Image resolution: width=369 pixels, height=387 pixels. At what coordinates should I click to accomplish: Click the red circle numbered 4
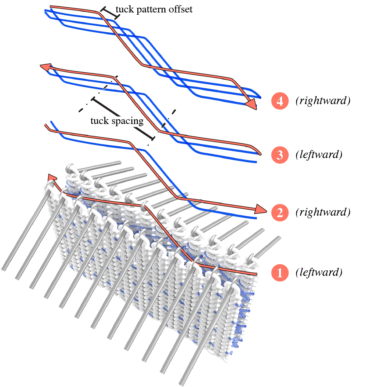point(280,101)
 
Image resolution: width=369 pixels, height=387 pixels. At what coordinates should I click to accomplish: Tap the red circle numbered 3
point(280,155)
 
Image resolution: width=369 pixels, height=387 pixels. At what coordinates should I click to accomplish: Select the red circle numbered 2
point(280,212)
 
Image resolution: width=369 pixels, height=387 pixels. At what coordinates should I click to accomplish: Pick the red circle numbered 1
point(280,273)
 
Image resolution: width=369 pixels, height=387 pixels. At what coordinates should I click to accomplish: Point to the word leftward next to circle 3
point(319,155)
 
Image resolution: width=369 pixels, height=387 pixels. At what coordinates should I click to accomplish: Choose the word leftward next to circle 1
point(319,273)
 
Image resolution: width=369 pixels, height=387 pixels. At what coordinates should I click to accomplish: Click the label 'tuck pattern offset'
point(154,10)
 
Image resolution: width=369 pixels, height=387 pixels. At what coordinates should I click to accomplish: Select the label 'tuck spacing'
point(117,120)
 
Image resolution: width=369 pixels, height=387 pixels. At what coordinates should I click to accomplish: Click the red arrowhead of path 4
point(251,104)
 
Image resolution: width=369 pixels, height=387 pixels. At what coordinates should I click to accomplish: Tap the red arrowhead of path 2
point(261,209)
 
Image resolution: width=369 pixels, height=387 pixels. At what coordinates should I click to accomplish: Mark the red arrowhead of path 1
point(52,178)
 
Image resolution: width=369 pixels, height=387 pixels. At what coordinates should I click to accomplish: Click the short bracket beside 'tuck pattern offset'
point(109,13)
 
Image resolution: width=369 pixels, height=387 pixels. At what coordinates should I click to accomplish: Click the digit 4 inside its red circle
point(280,101)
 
